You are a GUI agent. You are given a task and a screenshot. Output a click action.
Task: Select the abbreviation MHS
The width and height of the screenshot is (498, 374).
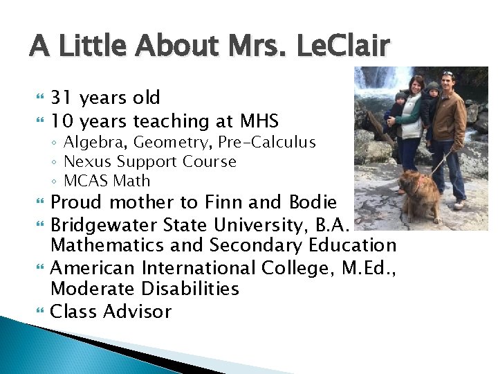[x=258, y=122]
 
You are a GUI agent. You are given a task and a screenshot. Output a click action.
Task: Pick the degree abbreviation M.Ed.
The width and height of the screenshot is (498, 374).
[x=369, y=267]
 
